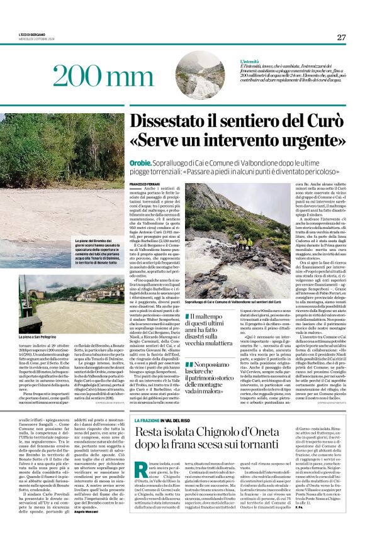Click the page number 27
point(341,37)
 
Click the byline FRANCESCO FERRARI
point(145,184)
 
